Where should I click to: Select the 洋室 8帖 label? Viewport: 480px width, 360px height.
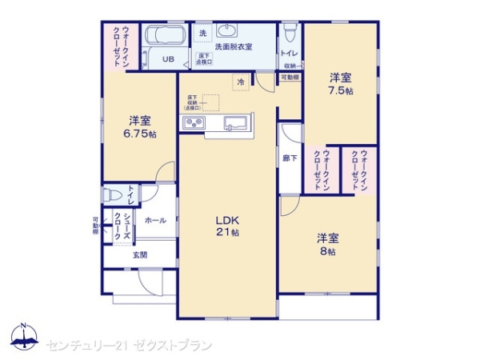(x=327, y=244)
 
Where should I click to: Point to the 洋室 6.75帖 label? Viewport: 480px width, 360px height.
(x=141, y=127)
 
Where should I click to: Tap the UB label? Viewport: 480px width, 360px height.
(x=168, y=59)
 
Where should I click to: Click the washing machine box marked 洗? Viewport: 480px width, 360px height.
(x=202, y=34)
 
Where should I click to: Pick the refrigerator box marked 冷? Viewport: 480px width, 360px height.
(x=239, y=81)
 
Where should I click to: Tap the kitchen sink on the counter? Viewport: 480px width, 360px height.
(x=236, y=122)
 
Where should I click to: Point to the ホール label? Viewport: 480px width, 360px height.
(x=156, y=220)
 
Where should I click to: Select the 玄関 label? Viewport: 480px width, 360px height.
(x=139, y=254)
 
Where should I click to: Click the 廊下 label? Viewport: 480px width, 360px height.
(x=290, y=158)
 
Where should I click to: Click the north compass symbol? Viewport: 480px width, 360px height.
(x=25, y=338)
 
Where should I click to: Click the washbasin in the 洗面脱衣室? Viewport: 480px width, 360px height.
(x=226, y=33)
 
